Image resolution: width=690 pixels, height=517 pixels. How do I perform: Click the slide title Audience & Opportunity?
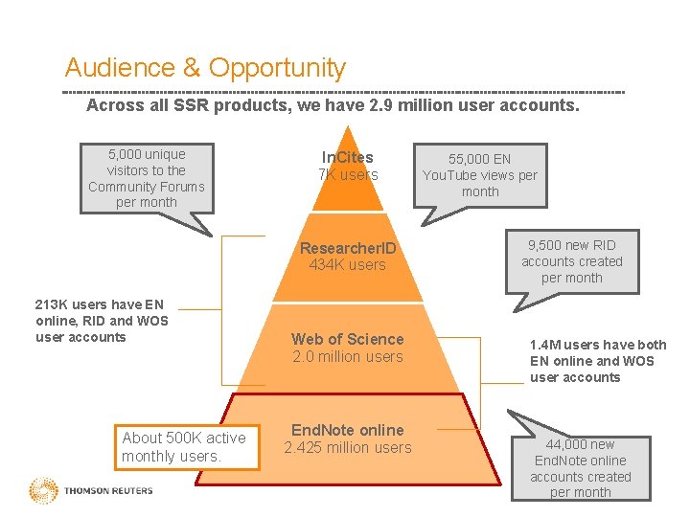(x=205, y=68)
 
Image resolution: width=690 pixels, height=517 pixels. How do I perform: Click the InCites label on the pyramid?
(x=347, y=157)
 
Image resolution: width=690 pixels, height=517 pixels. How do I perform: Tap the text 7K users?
(x=347, y=175)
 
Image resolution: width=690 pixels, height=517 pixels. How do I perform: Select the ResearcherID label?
(x=347, y=248)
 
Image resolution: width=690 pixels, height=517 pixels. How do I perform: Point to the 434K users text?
(x=347, y=265)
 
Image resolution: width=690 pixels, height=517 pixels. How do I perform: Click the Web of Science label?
(x=347, y=339)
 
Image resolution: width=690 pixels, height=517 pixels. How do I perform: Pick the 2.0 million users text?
(x=347, y=357)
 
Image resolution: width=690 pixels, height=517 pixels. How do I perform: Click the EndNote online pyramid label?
(x=347, y=430)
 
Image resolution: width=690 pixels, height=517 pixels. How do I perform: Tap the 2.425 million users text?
(x=347, y=448)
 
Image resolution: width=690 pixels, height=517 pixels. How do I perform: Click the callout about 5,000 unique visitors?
(x=146, y=178)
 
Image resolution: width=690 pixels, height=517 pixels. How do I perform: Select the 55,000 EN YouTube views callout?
(x=479, y=175)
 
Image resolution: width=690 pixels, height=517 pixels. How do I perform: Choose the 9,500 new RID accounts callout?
(x=572, y=261)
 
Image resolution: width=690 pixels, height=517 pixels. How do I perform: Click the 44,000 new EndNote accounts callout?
(x=581, y=468)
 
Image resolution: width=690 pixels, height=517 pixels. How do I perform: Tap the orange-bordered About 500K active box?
(x=185, y=447)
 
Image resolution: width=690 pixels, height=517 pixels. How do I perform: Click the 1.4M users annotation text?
(x=597, y=361)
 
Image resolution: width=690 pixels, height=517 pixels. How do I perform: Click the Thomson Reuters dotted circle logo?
(x=44, y=491)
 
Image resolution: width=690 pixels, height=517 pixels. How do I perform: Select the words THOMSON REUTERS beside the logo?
(x=108, y=491)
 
